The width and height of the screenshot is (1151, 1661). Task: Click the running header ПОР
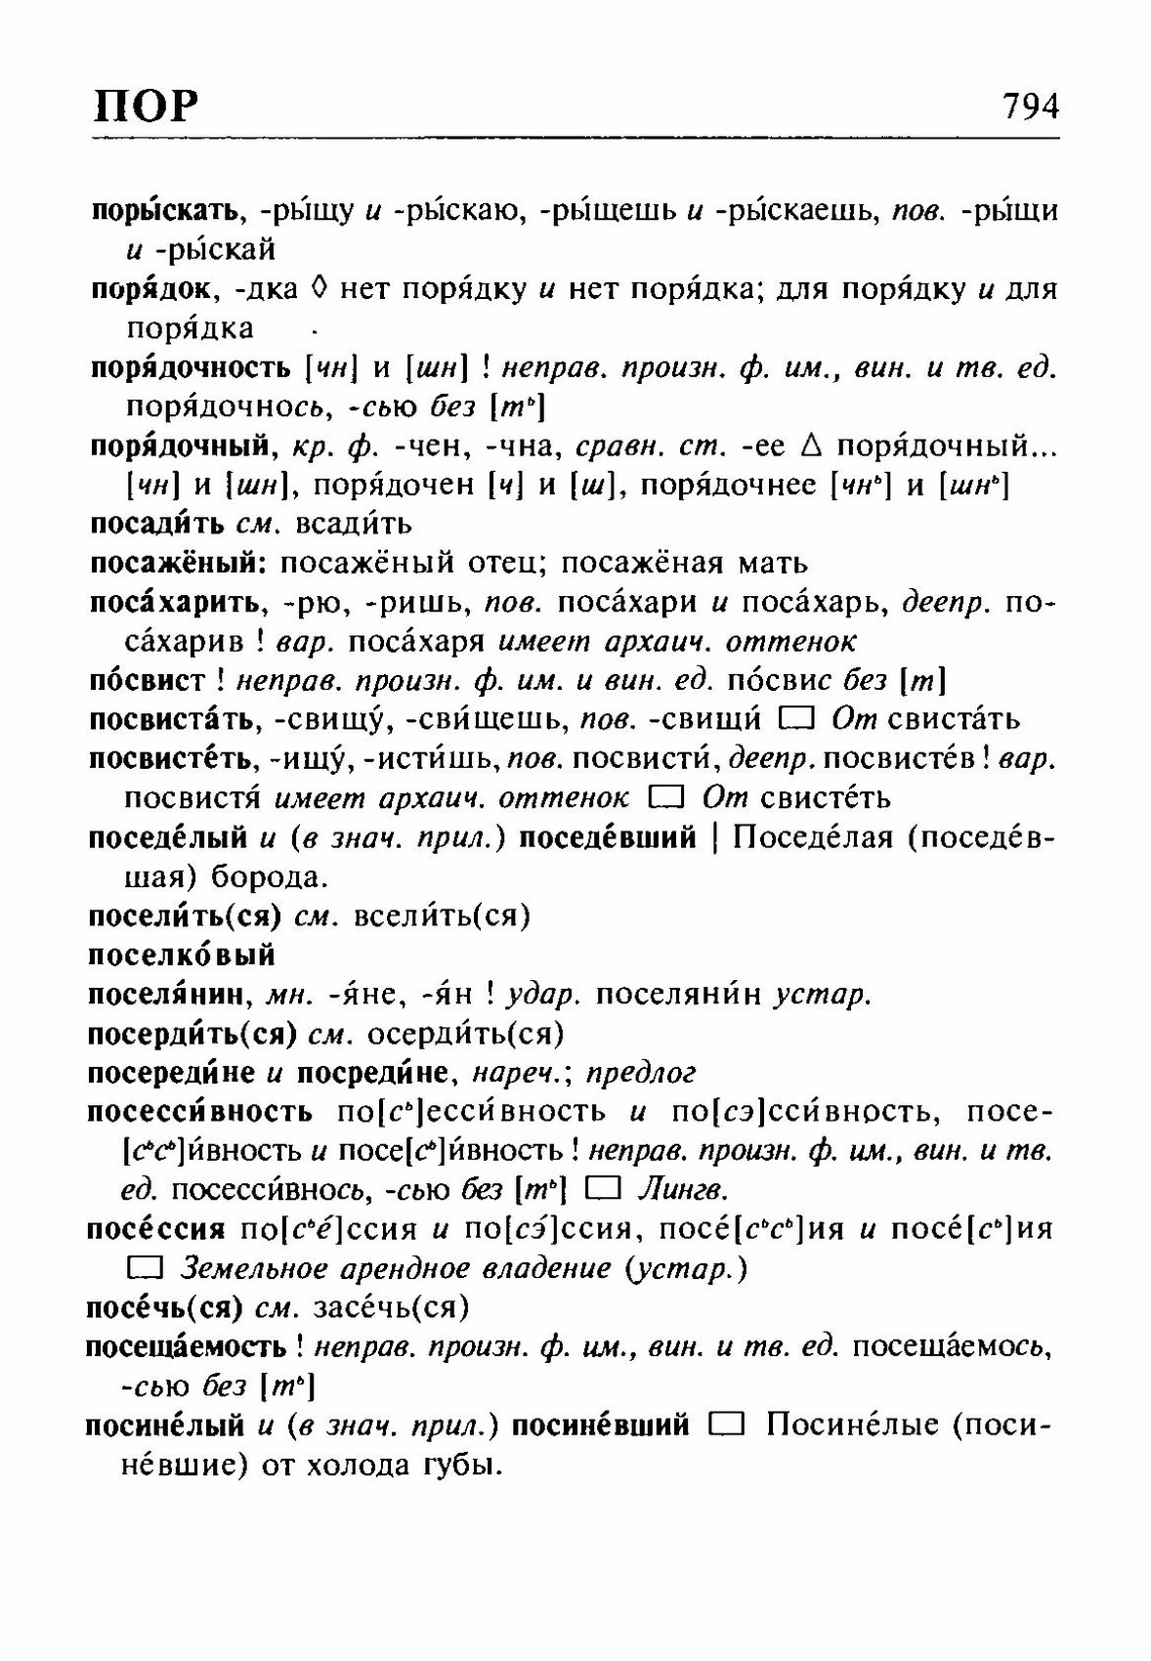tap(146, 106)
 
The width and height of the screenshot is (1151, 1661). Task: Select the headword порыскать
tap(164, 210)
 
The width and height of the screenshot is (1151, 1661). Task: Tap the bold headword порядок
tap(149, 289)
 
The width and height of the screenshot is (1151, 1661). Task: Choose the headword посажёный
tap(178, 563)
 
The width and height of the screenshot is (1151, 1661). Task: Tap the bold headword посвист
tap(148, 680)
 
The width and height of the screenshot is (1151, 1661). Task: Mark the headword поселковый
tap(183, 955)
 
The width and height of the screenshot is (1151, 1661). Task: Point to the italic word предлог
tap(646, 1073)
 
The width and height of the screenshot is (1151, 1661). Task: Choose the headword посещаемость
tap(187, 1347)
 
